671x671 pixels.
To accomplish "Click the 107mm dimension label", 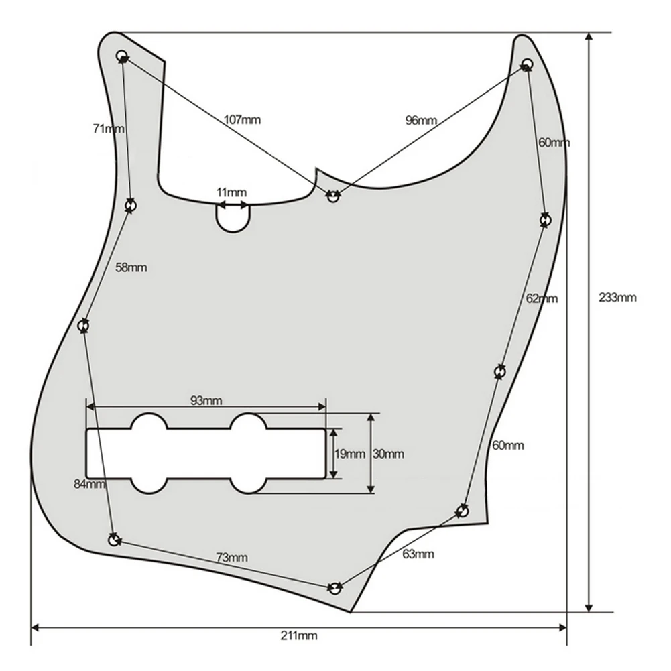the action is (x=242, y=119).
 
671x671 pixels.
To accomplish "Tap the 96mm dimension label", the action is (x=421, y=120).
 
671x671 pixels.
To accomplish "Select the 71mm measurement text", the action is (x=109, y=129).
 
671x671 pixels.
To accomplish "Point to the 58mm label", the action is (x=131, y=268).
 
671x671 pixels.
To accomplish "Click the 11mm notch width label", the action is (x=231, y=192).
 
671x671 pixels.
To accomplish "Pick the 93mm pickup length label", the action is (x=206, y=401).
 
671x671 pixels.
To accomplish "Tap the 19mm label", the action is (x=350, y=454).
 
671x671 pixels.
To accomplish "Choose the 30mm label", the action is (x=388, y=454).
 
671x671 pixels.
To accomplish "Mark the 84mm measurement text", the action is (x=90, y=484).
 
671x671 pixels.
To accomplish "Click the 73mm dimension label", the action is (x=232, y=558).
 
